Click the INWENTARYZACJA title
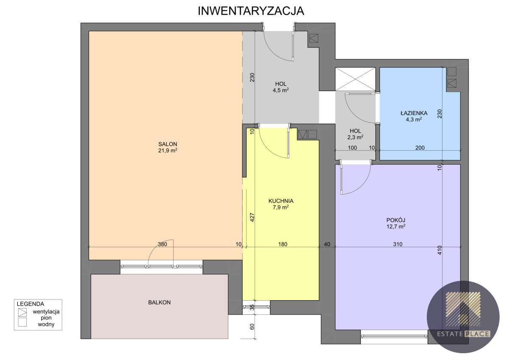pos(251,11)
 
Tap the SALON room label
pos(168,144)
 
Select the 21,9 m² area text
pos(168,151)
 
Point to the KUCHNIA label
pos(281,201)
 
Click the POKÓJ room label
pos(396,220)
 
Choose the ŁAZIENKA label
pos(414,113)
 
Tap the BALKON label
pos(159,302)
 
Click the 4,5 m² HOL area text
pos(281,90)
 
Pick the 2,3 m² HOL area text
pos(355,137)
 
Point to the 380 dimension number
pos(162,244)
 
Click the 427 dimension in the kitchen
pos(252,218)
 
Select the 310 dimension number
pos(398,244)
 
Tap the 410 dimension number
pos(439,250)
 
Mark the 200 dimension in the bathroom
pos(420,148)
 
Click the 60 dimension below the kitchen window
pos(252,327)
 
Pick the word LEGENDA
pos(31,304)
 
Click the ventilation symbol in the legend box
pos(22,313)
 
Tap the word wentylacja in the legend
pos(46,312)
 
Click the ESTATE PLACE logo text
pos(464,334)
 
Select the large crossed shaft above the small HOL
pos(355,79)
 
